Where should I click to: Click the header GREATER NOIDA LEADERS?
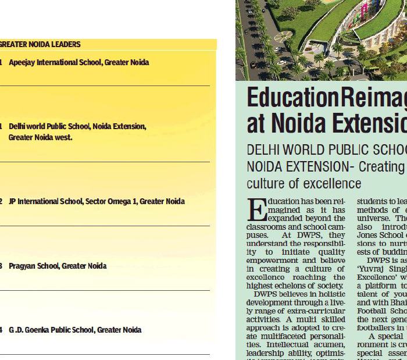[40, 44]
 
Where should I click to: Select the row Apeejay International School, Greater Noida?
[78, 62]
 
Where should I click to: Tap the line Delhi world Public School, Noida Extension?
[77, 126]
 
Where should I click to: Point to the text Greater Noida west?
[41, 138]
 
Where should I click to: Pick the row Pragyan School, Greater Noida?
[58, 266]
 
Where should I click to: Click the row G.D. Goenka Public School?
[75, 330]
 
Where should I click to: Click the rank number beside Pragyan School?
[1, 266]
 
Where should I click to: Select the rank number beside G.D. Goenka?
[1, 330]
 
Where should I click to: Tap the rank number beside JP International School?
[1, 202]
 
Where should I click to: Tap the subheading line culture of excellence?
[304, 184]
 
